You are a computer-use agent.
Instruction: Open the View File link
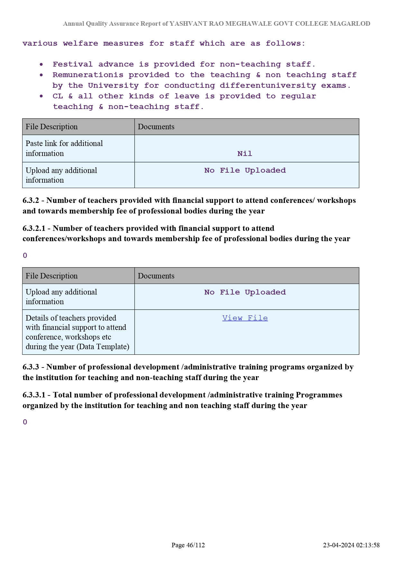coord(245,318)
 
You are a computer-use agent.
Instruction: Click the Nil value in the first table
coord(245,154)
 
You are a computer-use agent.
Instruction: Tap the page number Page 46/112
coord(188,545)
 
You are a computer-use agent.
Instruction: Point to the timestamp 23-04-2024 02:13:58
coord(351,545)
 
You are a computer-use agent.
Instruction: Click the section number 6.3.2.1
coord(34,228)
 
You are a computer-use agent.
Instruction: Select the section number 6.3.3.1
coord(34,395)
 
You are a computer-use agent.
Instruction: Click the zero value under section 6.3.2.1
coord(25,256)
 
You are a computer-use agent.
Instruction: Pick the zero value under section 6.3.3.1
coord(25,422)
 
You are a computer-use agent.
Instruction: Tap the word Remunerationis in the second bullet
coord(88,75)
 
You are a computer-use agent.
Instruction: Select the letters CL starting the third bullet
coord(58,96)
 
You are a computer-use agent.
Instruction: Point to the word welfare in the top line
coord(80,43)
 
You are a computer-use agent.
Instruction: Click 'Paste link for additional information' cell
coord(64,148)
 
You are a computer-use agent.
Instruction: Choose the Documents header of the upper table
coord(156,127)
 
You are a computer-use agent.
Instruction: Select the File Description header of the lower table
coord(52,276)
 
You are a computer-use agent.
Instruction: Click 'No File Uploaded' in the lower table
coord(245,292)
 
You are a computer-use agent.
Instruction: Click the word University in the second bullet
coord(113,86)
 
